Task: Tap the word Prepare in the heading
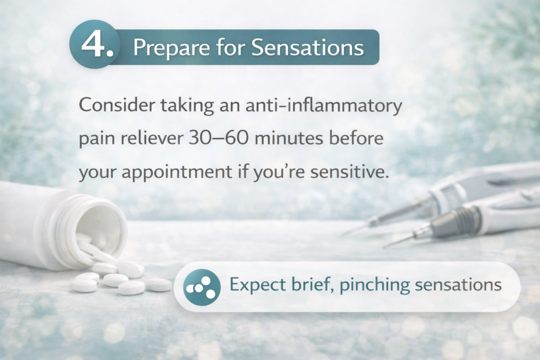171,47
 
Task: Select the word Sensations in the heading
307,47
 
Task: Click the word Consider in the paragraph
117,105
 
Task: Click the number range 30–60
218,138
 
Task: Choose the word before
356,138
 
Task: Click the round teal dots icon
201,287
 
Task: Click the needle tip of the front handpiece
384,247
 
